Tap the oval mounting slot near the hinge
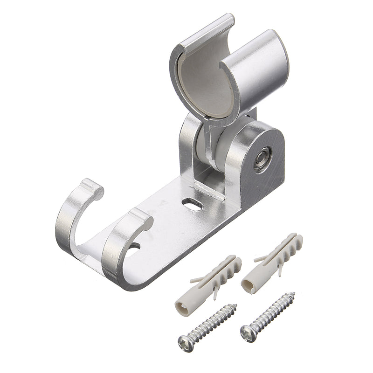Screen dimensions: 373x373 [190, 203]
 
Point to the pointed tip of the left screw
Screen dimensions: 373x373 [235, 306]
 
